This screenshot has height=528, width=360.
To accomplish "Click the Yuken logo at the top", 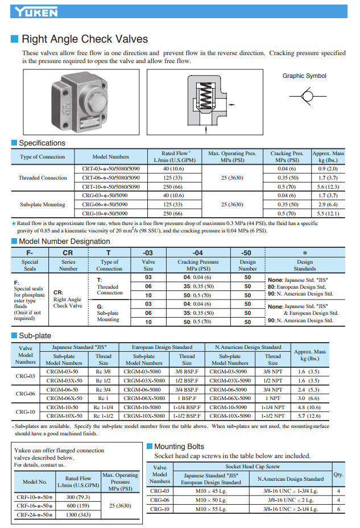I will tap(35, 11).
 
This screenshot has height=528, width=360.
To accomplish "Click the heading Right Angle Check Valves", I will tap(84, 39).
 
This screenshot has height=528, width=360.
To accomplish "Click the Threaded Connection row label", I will tap(43, 177).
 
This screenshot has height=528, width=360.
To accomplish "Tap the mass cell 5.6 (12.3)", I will tap(328, 186).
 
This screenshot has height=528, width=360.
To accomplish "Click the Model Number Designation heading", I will tap(64, 242).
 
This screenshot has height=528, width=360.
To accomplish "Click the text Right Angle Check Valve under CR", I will tap(67, 302).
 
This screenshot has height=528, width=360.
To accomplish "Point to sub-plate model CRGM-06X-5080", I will tap(144, 398).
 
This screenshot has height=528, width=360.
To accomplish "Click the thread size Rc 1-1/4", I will tap(104, 407).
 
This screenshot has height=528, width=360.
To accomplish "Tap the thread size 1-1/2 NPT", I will tap(273, 415).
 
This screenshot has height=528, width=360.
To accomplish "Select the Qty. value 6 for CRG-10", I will tap(338, 509).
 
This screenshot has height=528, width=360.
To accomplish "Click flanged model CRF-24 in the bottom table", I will tap(35, 514).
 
